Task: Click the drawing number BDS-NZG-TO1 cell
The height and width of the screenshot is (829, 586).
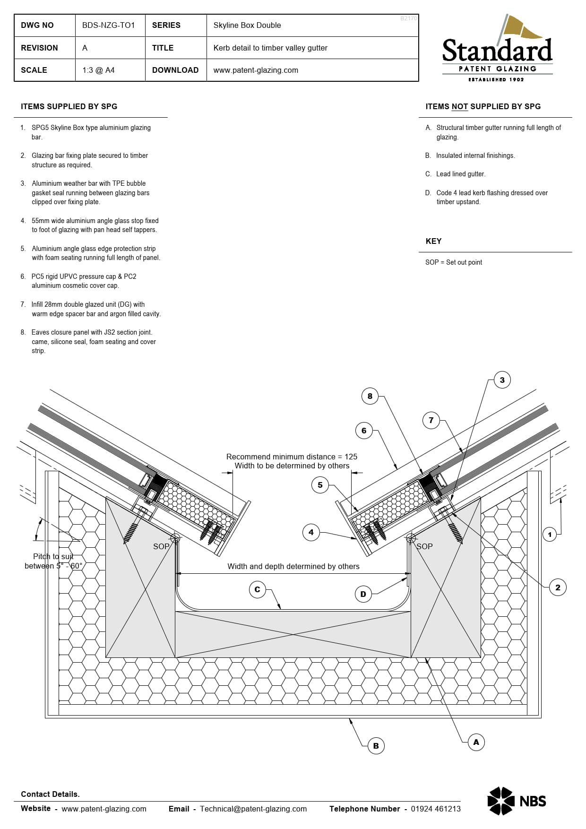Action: click(x=109, y=26)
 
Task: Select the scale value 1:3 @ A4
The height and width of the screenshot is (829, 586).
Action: click(x=98, y=70)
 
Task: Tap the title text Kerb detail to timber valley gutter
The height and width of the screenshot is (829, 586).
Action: click(x=270, y=48)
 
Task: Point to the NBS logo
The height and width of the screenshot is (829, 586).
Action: click(x=517, y=801)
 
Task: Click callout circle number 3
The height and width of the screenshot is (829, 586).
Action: click(x=502, y=380)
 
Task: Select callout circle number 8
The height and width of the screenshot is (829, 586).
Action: click(x=370, y=396)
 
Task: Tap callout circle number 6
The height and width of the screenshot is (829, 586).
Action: click(x=364, y=431)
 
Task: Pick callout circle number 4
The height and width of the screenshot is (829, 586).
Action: click(x=311, y=532)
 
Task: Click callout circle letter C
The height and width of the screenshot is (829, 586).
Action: click(x=257, y=589)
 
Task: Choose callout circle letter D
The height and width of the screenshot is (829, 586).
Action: click(x=363, y=594)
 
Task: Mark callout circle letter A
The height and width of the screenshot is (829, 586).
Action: click(x=476, y=742)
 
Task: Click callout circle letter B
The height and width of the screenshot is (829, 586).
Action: click(x=376, y=746)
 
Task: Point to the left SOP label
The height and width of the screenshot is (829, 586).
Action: click(x=161, y=546)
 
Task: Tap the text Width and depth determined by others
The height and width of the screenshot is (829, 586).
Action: click(x=293, y=566)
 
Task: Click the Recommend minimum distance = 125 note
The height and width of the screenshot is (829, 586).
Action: click(x=292, y=457)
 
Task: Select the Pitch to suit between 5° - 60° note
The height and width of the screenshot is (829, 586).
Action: click(x=53, y=561)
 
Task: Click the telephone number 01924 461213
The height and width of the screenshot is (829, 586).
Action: click(x=435, y=809)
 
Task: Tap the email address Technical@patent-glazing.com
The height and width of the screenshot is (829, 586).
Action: click(x=253, y=809)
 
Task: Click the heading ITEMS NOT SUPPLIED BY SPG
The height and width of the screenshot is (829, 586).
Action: click(x=483, y=107)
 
